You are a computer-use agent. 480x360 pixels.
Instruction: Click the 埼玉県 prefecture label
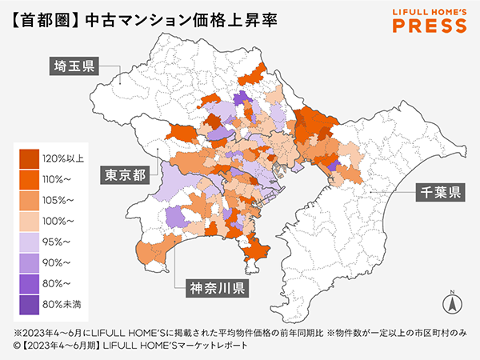click(x=71, y=66)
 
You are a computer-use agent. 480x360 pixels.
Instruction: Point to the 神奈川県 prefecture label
click(x=216, y=287)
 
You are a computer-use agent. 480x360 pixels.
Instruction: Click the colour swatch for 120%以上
click(x=30, y=158)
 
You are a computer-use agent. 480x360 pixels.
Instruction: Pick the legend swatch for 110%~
click(x=30, y=178)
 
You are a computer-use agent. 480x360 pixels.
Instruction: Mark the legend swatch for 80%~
click(x=30, y=282)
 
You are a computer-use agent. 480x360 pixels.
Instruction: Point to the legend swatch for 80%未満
click(x=30, y=303)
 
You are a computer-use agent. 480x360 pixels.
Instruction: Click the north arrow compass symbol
click(x=451, y=302)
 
